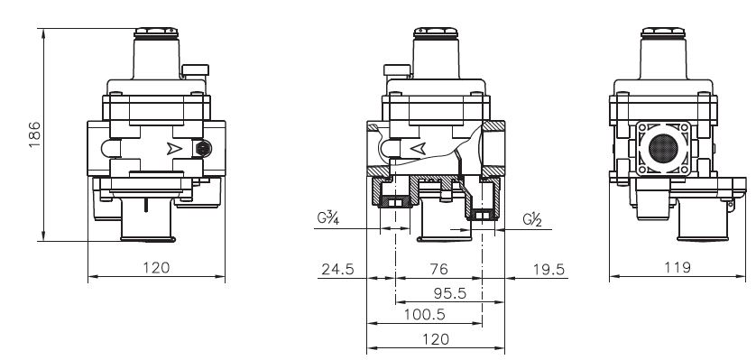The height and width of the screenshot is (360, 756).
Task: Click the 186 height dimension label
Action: [x=34, y=134]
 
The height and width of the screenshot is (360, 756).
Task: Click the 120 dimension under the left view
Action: [x=156, y=267]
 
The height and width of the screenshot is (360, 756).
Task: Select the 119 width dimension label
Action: [x=677, y=267]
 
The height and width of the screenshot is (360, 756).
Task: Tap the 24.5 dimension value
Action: [x=337, y=269]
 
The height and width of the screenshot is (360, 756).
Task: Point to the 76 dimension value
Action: [x=438, y=269]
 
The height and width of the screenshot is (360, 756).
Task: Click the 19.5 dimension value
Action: [x=549, y=269]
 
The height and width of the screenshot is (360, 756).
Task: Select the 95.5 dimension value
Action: [x=450, y=293]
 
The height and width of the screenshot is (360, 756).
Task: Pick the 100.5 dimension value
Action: [x=424, y=315]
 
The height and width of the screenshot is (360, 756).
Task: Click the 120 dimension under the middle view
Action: [x=436, y=339]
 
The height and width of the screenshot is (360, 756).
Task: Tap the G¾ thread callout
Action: [x=328, y=217]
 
